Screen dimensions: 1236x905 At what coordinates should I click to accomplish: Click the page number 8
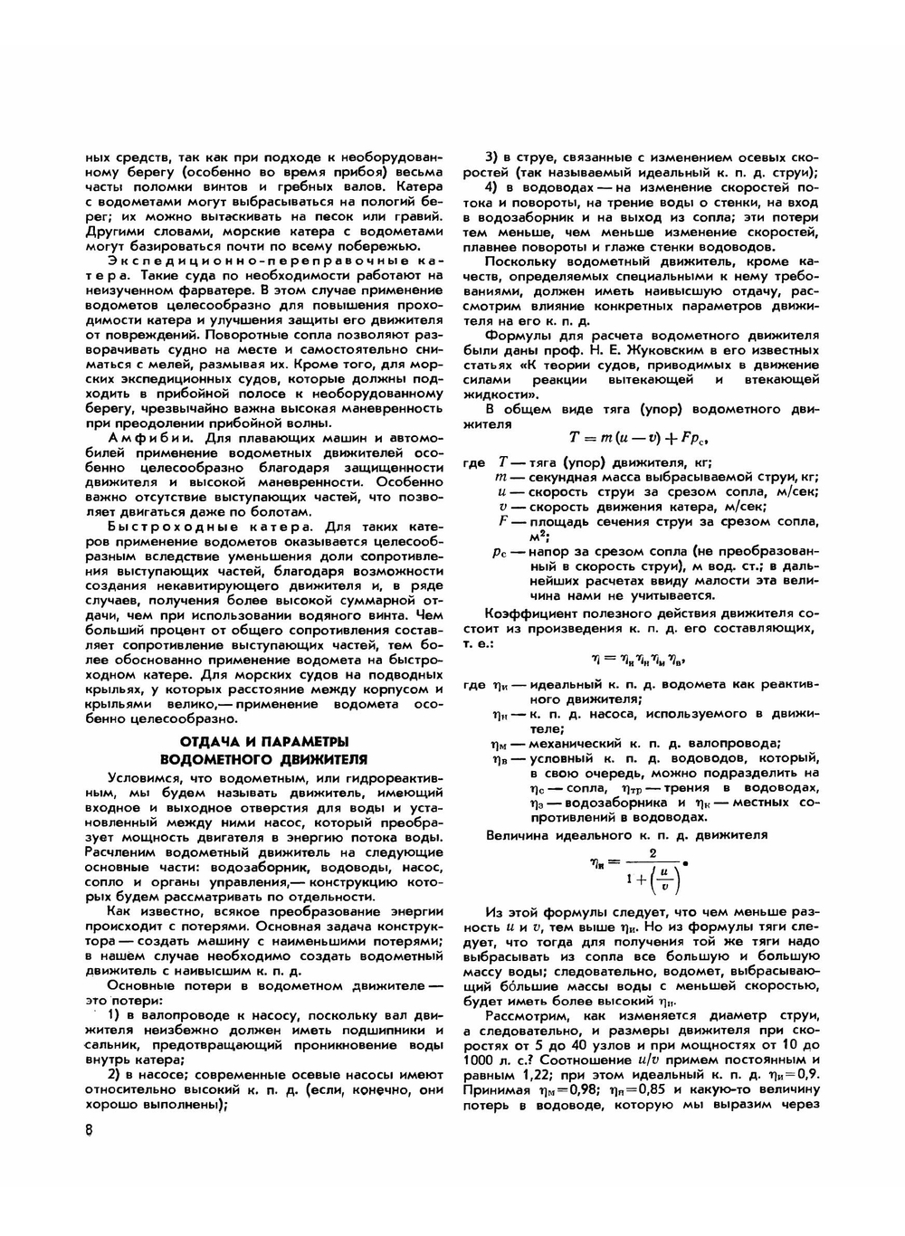coord(89,1129)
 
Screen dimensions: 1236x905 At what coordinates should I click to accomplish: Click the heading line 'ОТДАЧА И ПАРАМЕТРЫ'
coord(263,742)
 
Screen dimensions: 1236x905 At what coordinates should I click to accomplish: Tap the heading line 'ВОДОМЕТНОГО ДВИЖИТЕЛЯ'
coord(263,758)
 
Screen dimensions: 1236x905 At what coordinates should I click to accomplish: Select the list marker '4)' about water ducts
coord(495,186)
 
